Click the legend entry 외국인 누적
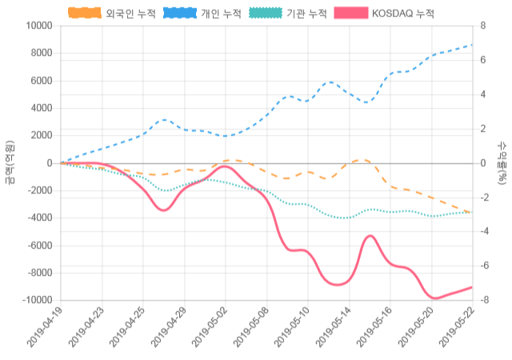coord(109,14)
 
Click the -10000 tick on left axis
coord(34,300)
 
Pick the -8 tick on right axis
coord(483,300)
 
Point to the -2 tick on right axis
coord(483,198)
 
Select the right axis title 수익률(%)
coord(502,162)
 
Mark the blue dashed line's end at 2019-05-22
coord(472,45)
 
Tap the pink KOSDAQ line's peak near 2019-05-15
coord(370,236)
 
